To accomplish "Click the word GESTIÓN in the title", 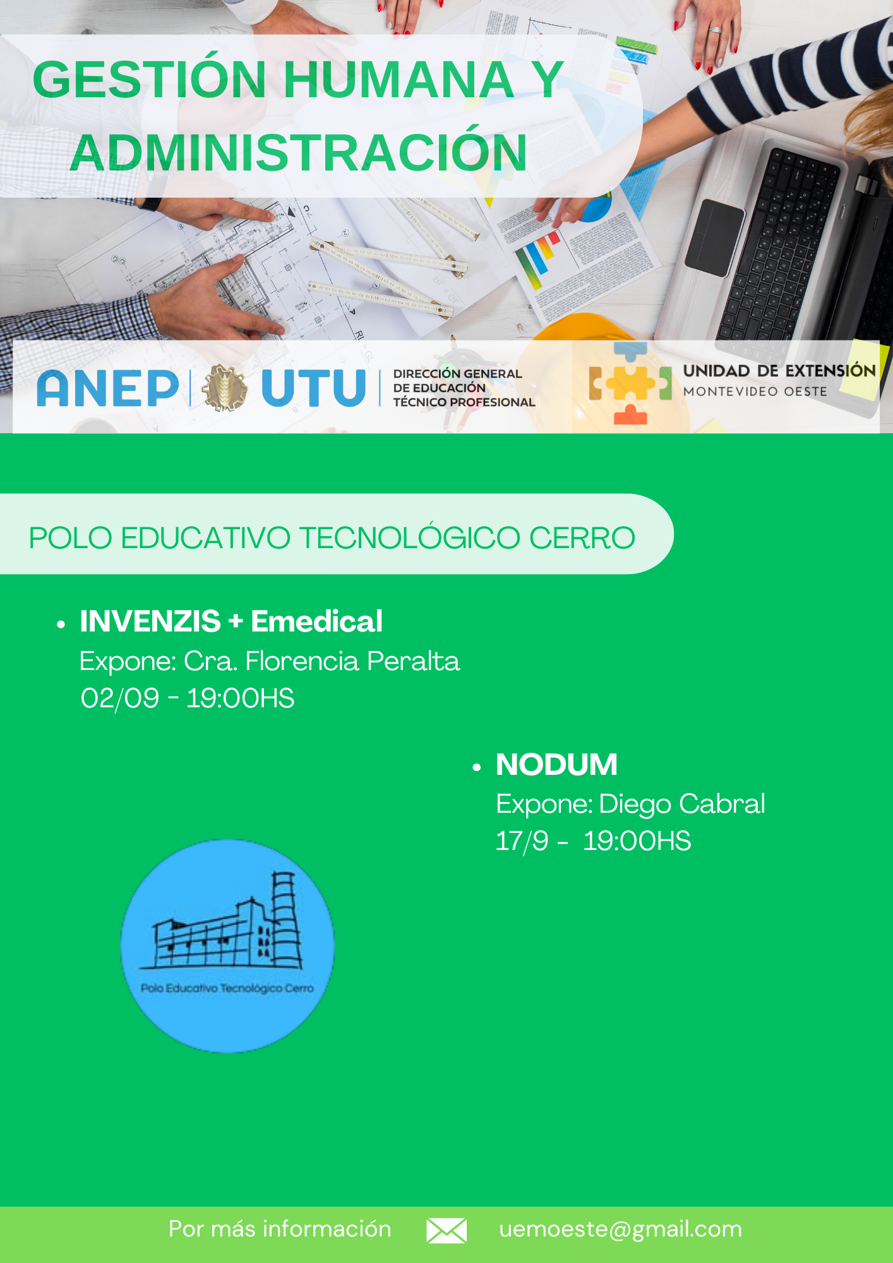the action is pyautogui.click(x=149, y=80).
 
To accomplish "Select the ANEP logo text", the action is pyautogui.click(x=108, y=388).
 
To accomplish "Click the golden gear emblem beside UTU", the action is pyautogui.click(x=225, y=388).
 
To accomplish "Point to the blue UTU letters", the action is pyautogui.click(x=314, y=388).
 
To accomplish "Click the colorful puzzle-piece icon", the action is pyautogui.click(x=630, y=383).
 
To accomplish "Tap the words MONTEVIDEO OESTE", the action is pyautogui.click(x=755, y=392).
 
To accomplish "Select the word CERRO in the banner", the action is pyautogui.click(x=582, y=538).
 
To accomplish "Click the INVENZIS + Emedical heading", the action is pyautogui.click(x=231, y=621).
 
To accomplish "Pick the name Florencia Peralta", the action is pyautogui.click(x=352, y=661).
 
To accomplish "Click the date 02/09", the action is pyautogui.click(x=120, y=698).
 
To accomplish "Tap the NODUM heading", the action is pyautogui.click(x=556, y=765).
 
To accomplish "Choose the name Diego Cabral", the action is pyautogui.click(x=682, y=804).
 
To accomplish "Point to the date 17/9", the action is pyautogui.click(x=522, y=841).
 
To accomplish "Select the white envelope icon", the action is pyautogui.click(x=446, y=1231).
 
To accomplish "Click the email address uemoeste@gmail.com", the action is pyautogui.click(x=620, y=1230).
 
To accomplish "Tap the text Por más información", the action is pyautogui.click(x=280, y=1229).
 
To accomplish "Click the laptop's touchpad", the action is pyautogui.click(x=714, y=237).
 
